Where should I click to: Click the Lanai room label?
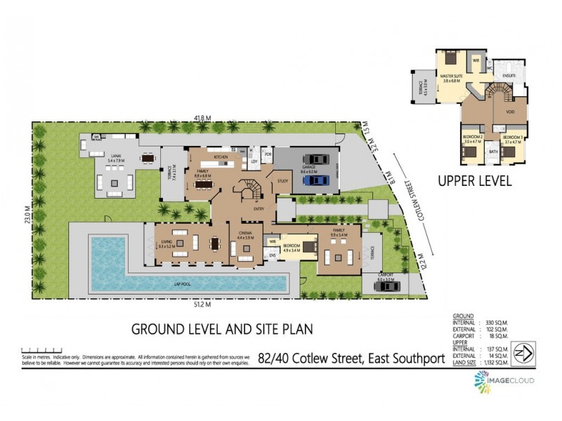pos(115,160)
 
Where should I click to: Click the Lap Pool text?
pos(185,283)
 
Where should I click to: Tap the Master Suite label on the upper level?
pos(451,78)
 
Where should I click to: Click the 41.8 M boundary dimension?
pos(204,117)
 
